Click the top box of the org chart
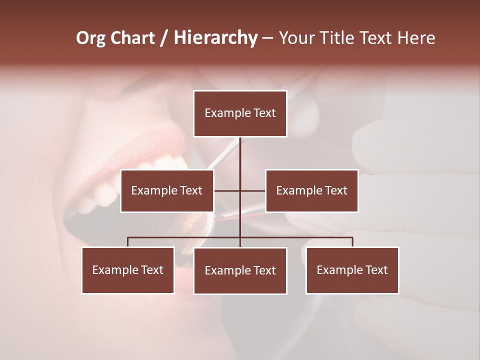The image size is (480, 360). click(240, 113)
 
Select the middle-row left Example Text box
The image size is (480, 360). click(167, 190)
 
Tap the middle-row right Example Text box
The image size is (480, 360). click(311, 190)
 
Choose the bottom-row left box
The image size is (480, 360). click(128, 270)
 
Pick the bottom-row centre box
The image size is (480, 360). click(240, 270)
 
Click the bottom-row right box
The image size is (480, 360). click(352, 270)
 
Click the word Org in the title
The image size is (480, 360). click(91, 38)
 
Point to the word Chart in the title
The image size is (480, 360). click(132, 38)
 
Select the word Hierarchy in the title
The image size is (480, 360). click(215, 38)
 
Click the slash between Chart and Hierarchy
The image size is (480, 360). click(163, 38)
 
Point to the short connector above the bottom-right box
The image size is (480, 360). click(352, 242)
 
